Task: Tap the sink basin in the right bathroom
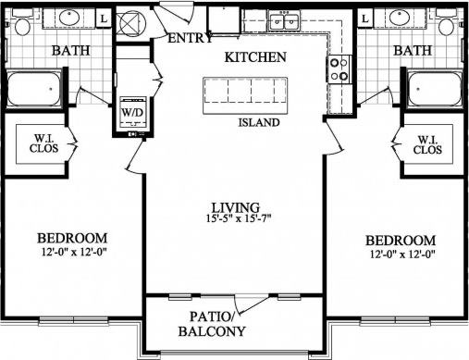[401, 17]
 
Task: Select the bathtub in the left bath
[35, 91]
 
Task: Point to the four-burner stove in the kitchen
[339, 67]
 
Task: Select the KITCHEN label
[254, 58]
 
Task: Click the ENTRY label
[191, 39]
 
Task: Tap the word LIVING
[235, 206]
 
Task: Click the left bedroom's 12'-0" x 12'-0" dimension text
[73, 252]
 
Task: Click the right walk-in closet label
[426, 144]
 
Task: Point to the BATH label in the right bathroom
[413, 50]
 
